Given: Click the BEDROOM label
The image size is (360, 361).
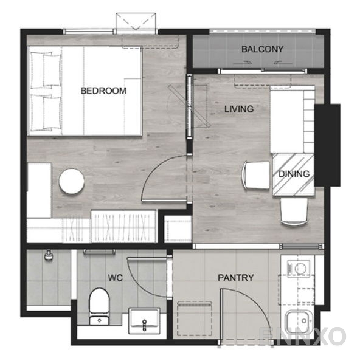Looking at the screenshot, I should (x=103, y=91).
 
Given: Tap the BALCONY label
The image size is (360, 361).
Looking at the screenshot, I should (x=262, y=49).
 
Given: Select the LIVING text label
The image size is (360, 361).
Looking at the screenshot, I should (x=238, y=109).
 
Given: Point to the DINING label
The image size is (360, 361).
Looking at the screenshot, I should (x=294, y=174).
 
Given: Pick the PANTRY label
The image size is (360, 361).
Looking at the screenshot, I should (x=236, y=278).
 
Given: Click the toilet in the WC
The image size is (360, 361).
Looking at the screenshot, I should (x=98, y=304).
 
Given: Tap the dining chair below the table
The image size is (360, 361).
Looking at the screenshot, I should (x=294, y=212).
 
